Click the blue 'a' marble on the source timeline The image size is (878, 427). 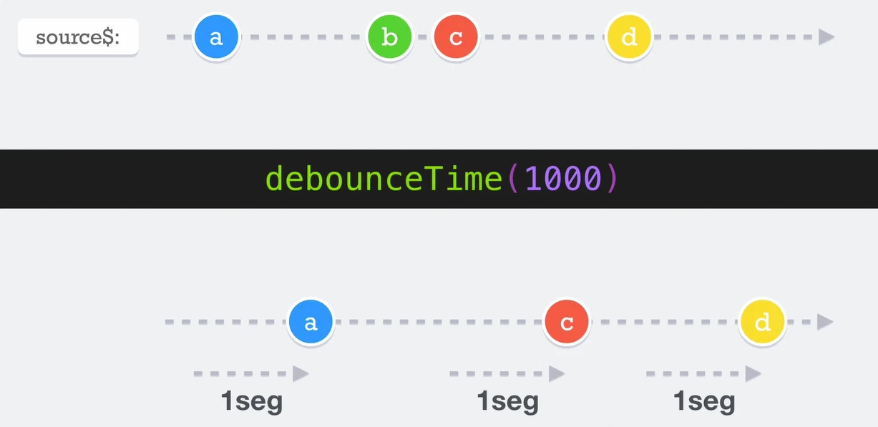(216, 36)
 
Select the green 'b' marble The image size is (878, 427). (389, 36)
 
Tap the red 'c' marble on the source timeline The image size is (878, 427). (456, 36)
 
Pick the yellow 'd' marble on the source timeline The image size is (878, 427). (629, 36)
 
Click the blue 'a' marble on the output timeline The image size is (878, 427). (311, 322)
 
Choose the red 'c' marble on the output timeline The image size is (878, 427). (567, 322)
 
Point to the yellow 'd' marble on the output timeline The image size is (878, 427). (762, 322)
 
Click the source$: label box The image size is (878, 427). (78, 36)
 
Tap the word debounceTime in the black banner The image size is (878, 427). (384, 179)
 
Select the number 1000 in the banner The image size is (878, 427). (563, 179)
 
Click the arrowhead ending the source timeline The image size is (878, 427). (826, 36)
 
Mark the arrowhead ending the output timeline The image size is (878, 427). (825, 322)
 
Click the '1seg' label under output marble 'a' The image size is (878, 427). (252, 401)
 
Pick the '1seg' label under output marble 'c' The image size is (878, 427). (507, 401)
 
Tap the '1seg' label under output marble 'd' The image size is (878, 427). (704, 401)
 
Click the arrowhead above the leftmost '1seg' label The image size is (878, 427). (301, 373)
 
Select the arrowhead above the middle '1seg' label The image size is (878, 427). (557, 373)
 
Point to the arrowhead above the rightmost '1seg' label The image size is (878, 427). (753, 373)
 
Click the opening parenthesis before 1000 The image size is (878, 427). (512, 179)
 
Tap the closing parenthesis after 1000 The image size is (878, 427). (612, 179)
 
